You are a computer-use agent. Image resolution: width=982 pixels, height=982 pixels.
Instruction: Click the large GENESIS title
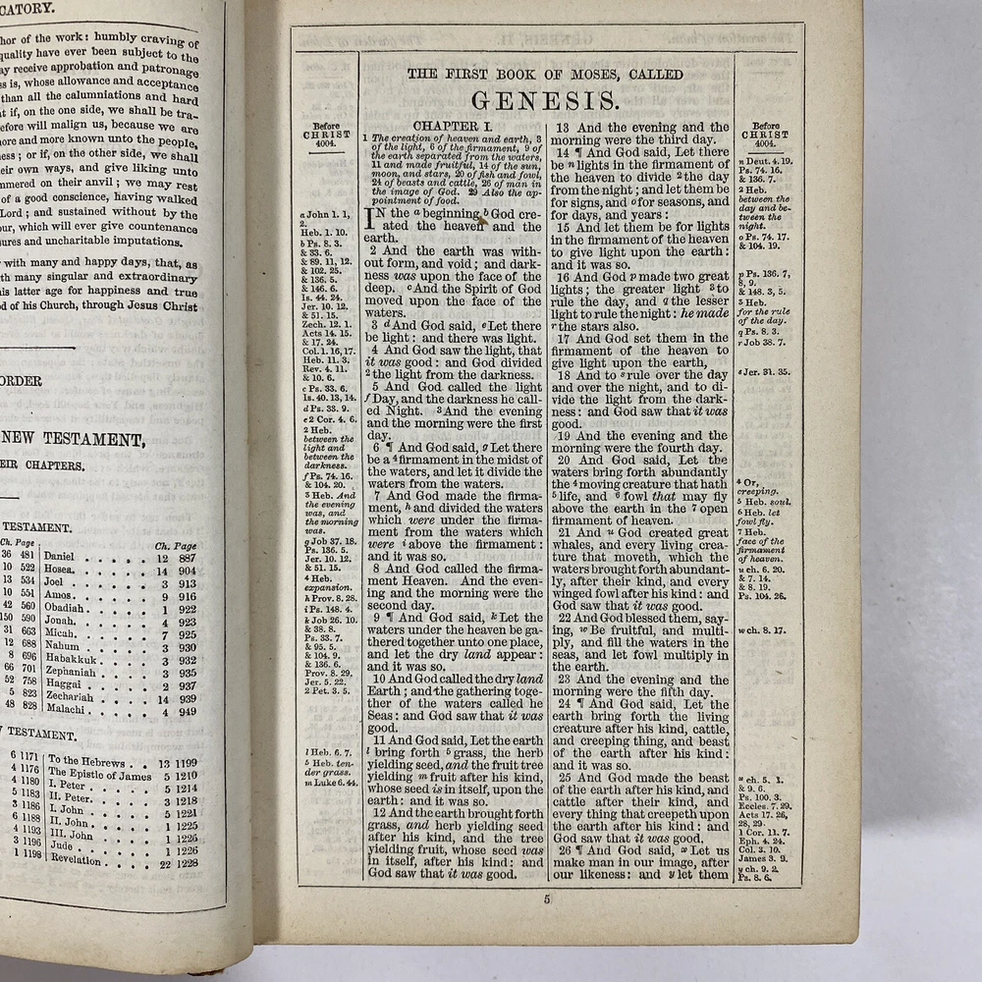click(545, 100)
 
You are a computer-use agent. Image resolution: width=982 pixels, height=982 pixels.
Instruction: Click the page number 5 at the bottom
click(548, 899)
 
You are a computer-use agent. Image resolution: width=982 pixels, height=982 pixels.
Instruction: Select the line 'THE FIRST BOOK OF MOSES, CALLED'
click(545, 75)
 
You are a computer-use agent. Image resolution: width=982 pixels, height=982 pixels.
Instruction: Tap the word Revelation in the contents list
click(77, 859)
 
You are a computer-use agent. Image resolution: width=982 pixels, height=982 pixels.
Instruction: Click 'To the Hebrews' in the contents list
click(87, 761)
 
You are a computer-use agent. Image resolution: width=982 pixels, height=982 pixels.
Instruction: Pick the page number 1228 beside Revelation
click(187, 863)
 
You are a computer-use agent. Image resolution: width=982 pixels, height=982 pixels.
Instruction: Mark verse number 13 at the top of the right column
click(563, 128)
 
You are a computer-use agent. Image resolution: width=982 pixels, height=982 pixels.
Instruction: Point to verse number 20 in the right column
click(564, 460)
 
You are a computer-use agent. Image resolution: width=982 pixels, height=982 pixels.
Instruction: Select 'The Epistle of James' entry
click(100, 776)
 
